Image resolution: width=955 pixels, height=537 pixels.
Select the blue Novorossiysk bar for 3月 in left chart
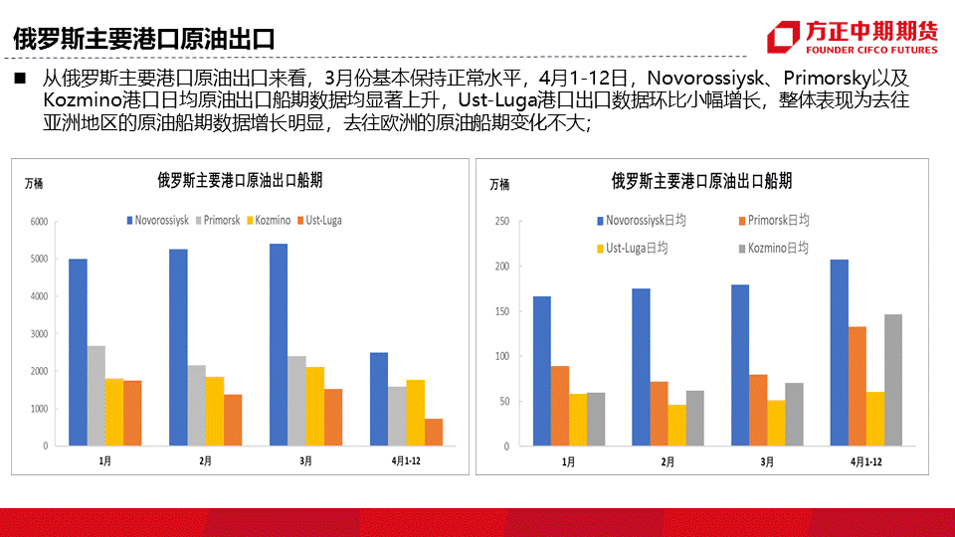(x=279, y=344)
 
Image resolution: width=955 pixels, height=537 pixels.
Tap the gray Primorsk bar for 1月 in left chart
(x=96, y=396)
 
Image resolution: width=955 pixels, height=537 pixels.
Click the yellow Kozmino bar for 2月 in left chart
(x=215, y=411)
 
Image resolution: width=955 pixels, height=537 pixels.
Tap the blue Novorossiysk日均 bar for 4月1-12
(x=840, y=352)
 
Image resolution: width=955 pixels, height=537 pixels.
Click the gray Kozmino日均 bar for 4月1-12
(x=893, y=380)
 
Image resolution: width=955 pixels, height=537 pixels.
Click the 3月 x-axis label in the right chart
(x=767, y=461)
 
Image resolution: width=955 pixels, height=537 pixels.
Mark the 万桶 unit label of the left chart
(x=35, y=182)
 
